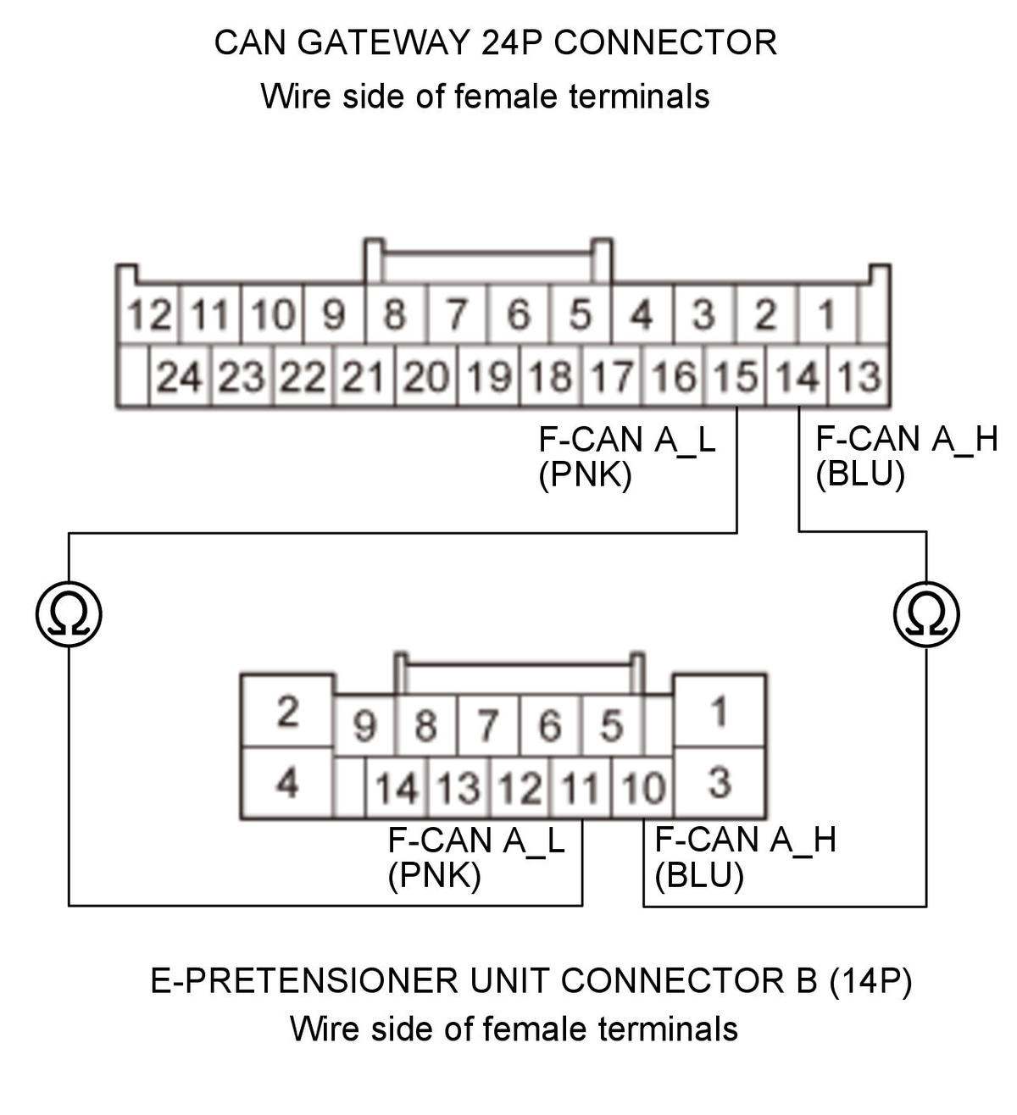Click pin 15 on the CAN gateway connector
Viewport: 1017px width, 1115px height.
735,376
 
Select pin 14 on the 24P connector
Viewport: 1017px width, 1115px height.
797,376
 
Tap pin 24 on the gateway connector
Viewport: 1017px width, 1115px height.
179,376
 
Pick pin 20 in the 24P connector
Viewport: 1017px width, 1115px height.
425,376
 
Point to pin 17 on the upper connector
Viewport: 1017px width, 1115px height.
611,376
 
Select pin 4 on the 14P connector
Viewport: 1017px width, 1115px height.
287,783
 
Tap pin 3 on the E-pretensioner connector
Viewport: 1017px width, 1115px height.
719,783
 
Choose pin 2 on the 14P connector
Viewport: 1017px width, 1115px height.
287,711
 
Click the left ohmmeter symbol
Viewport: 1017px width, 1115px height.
69,614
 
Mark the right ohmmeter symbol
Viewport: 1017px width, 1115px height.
926,614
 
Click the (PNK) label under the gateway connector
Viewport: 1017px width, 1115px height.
585,475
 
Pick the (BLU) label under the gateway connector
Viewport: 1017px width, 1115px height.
860,474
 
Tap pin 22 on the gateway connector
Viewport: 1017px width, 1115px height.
303,376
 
